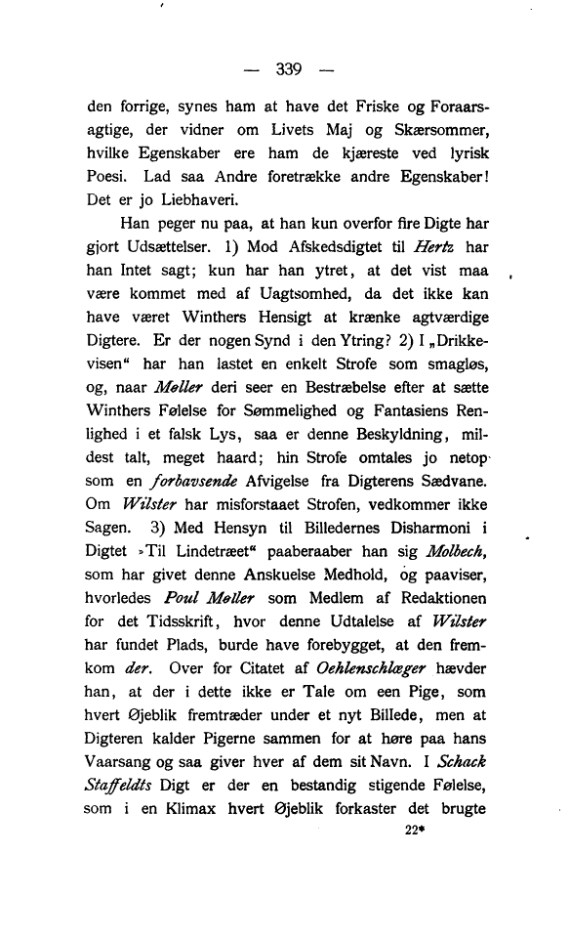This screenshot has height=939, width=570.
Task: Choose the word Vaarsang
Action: pos(121,759)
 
